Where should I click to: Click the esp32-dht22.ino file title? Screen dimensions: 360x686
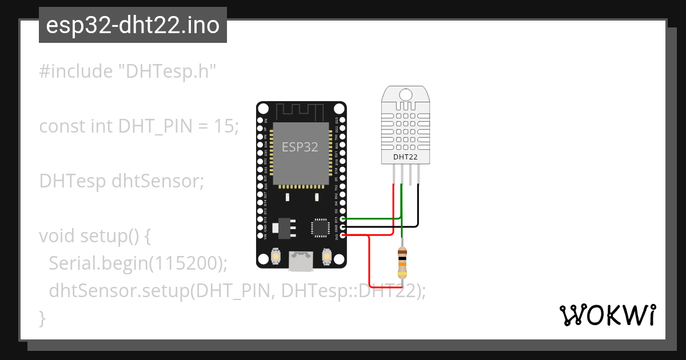coord(133,25)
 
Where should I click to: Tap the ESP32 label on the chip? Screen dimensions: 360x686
coord(300,147)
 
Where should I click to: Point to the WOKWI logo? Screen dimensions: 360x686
coord(607,315)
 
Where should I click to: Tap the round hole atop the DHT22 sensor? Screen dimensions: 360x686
coord(406,94)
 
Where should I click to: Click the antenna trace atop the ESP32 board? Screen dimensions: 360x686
coord(301,110)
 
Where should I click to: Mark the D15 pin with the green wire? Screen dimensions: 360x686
coord(343,219)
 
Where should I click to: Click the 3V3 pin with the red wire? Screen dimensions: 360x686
coord(343,235)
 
